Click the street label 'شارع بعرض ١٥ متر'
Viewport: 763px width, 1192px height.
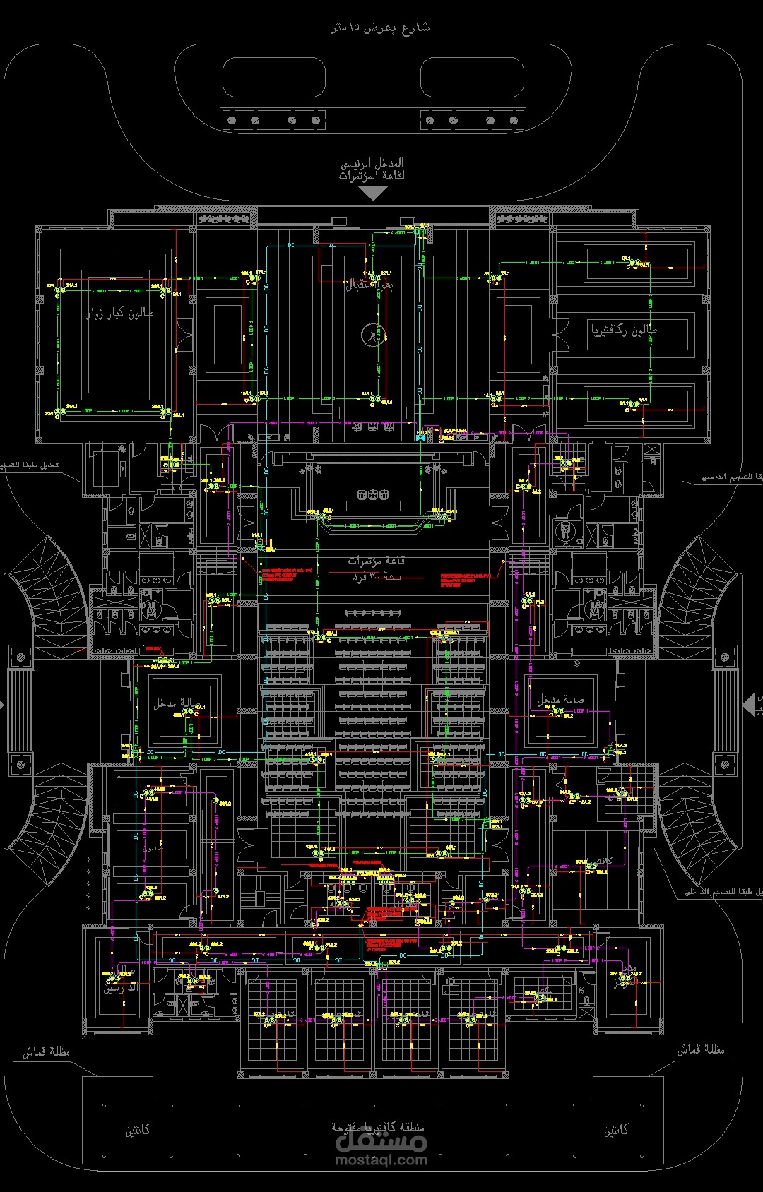(380, 28)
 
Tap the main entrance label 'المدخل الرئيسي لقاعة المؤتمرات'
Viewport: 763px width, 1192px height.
(372, 169)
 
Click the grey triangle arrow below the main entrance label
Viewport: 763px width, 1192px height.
(372, 193)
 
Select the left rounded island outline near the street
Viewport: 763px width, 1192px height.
(274, 77)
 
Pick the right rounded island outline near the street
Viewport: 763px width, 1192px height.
(471, 77)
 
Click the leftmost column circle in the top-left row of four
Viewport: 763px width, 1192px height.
(231, 121)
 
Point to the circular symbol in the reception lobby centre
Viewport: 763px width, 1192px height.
(372, 334)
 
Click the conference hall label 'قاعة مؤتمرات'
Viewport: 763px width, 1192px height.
(376, 561)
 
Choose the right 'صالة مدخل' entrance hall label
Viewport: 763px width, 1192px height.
(560, 700)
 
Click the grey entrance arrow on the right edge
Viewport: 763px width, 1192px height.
(750, 704)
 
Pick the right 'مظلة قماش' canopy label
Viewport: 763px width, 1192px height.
(701, 1050)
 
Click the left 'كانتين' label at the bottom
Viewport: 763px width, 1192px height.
(138, 1131)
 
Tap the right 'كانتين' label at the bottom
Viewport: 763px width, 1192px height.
(616, 1131)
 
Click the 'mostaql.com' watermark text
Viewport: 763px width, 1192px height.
(381, 1159)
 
